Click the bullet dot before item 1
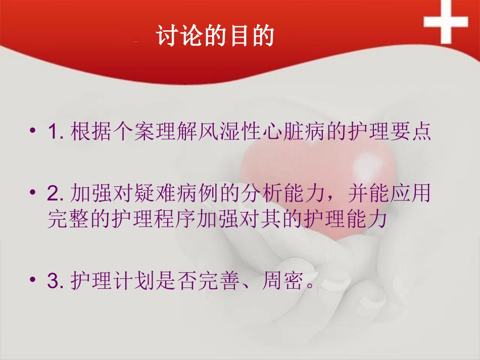[x=33, y=132]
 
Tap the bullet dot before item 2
[x=33, y=193]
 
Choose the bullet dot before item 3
[x=33, y=280]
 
